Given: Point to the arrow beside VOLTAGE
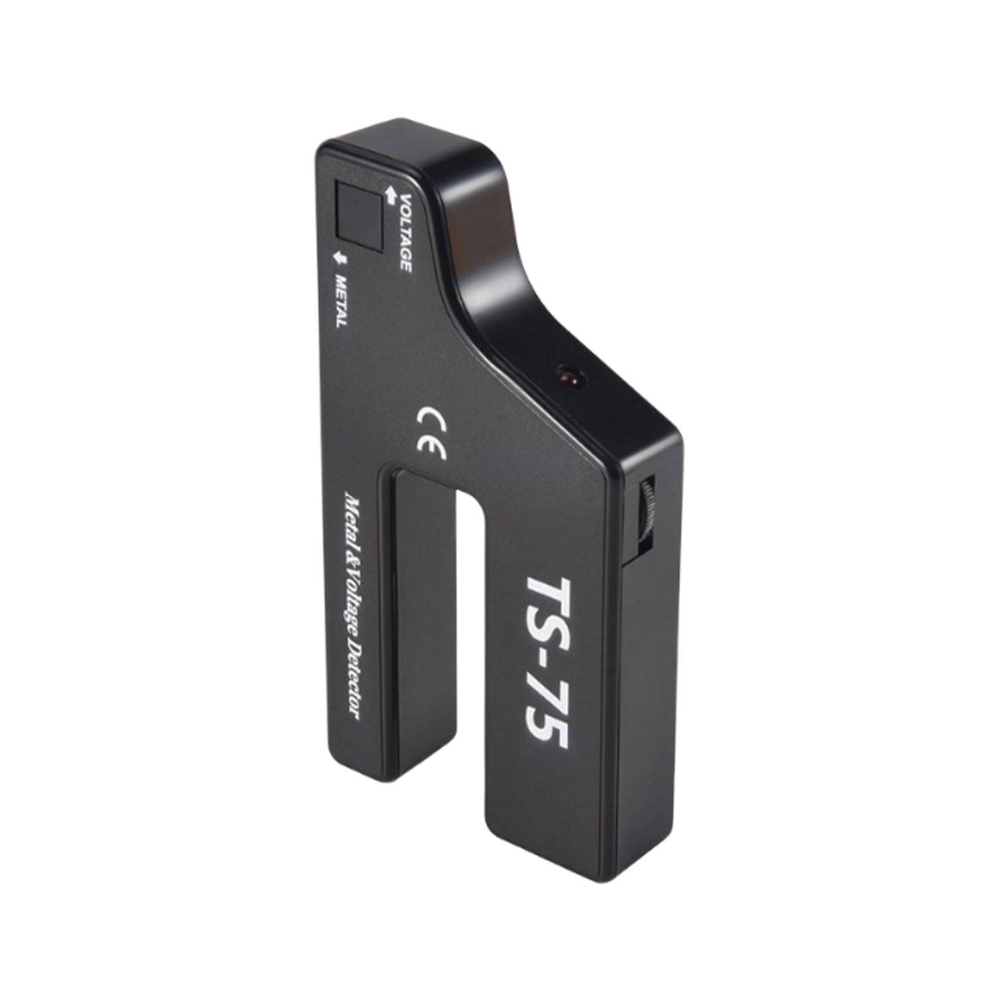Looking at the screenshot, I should tap(392, 194).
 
